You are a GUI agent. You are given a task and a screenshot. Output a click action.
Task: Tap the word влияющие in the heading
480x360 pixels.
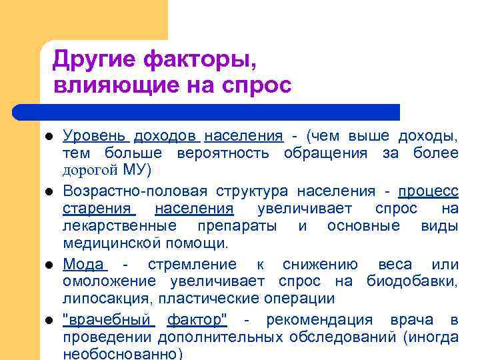tap(103, 86)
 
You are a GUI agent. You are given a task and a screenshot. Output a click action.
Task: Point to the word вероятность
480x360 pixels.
tap(223, 153)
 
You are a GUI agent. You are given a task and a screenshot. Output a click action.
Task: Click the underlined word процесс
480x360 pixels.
tap(428, 191)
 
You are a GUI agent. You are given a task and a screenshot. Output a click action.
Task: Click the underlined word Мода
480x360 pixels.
tap(83, 265)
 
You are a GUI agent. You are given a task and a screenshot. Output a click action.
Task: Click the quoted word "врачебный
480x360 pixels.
tap(109, 320)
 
